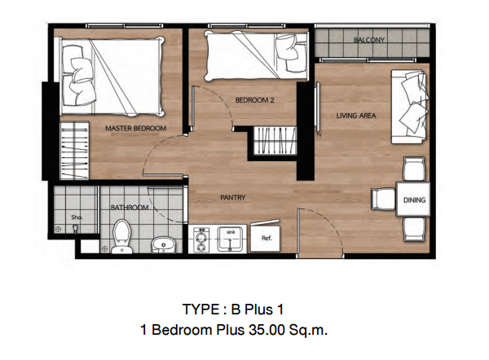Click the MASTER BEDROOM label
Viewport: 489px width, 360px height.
(135, 128)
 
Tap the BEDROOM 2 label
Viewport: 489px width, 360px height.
(255, 100)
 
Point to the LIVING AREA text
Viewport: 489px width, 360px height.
(356, 116)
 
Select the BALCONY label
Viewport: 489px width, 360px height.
(369, 40)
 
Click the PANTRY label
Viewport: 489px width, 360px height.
(232, 197)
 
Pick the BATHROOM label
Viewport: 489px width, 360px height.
(130, 207)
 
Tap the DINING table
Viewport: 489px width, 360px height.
(413, 200)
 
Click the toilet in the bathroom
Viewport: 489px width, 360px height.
(121, 236)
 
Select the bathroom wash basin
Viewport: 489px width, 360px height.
(164, 244)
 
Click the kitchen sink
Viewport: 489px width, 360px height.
(230, 239)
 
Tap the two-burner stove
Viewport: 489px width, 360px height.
(201, 239)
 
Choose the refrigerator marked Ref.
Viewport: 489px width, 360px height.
(266, 237)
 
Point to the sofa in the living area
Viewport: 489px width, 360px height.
(409, 107)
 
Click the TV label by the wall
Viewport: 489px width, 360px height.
(319, 135)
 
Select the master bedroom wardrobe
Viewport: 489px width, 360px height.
(74, 151)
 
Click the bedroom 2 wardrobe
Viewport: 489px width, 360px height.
(275, 141)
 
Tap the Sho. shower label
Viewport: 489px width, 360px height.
(77, 217)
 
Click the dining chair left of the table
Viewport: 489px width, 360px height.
(383, 199)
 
